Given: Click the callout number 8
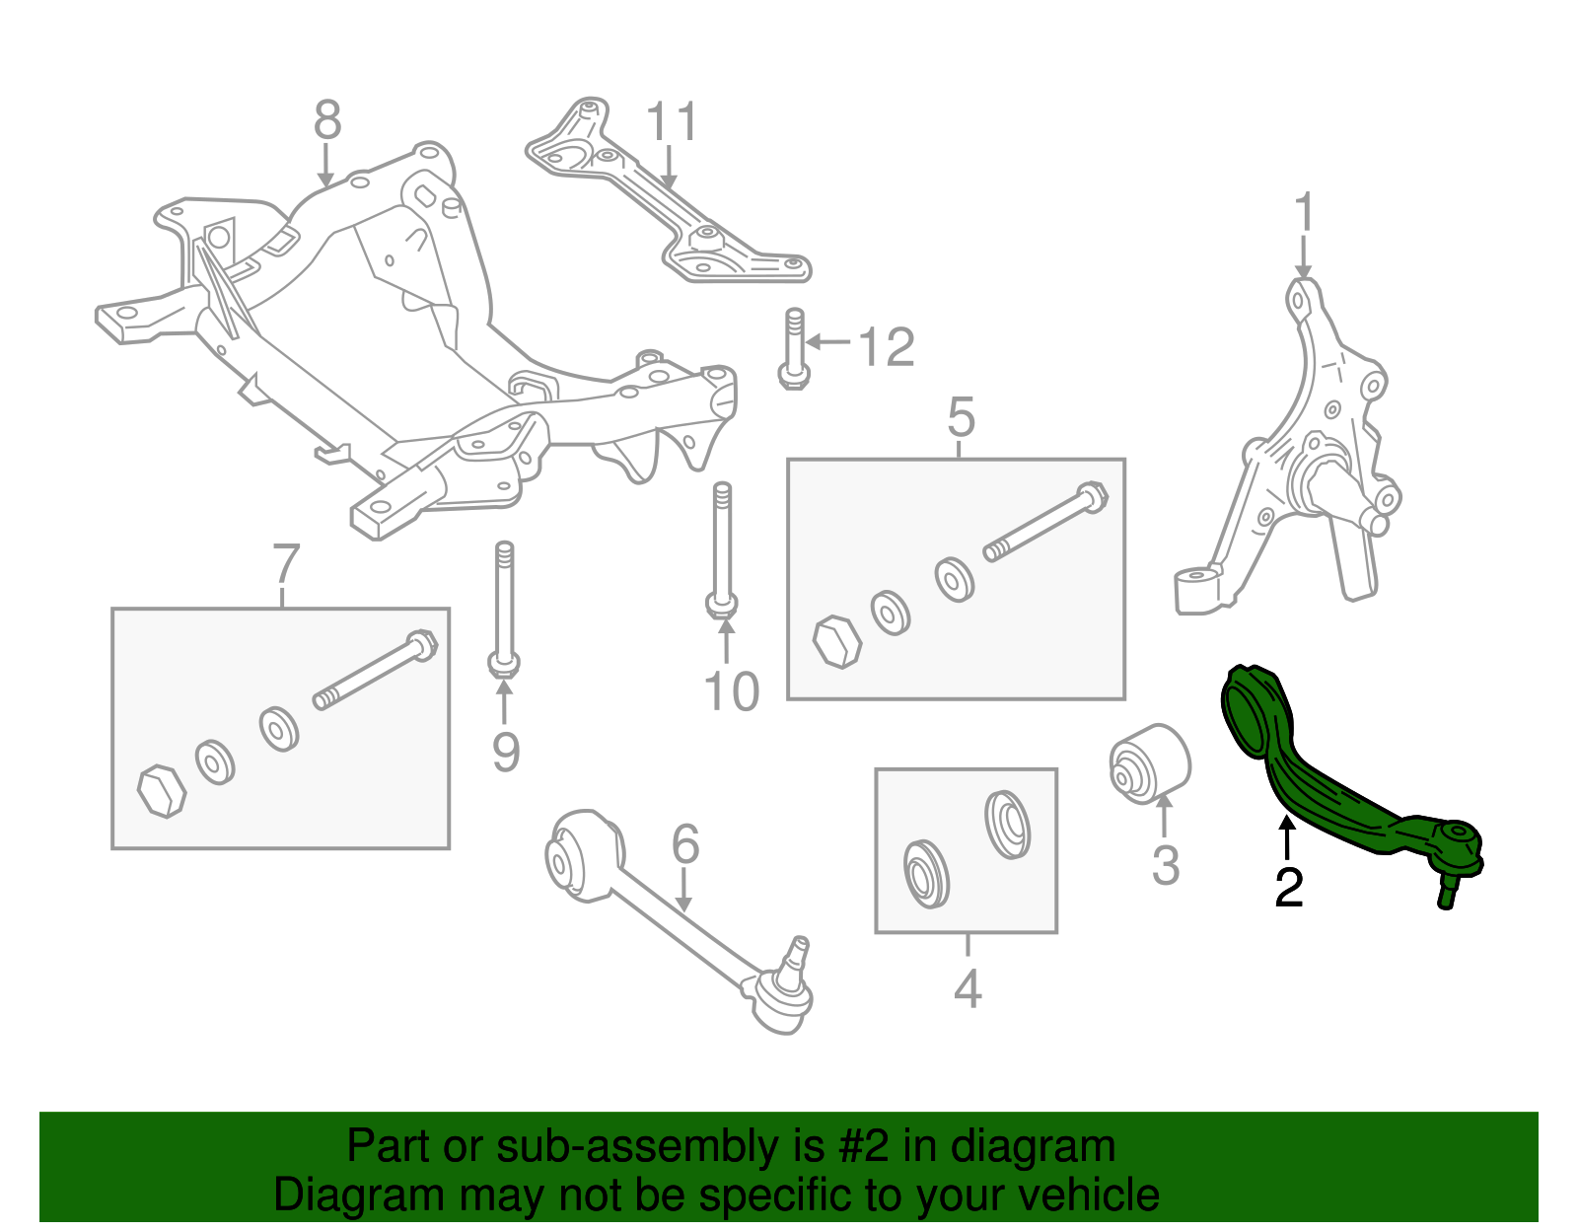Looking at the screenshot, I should tap(327, 122).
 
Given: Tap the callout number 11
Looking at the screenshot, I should tap(672, 122).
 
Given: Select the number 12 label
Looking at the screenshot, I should tap(887, 347).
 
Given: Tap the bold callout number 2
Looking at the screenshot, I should tap(1288, 888).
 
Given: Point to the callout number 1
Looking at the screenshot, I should tap(1304, 214).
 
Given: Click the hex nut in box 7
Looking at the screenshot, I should tap(161, 790).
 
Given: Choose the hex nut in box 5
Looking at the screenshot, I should tap(836, 642).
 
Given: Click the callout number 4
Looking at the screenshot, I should tap(968, 988).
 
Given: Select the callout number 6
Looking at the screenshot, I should tap(685, 845).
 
